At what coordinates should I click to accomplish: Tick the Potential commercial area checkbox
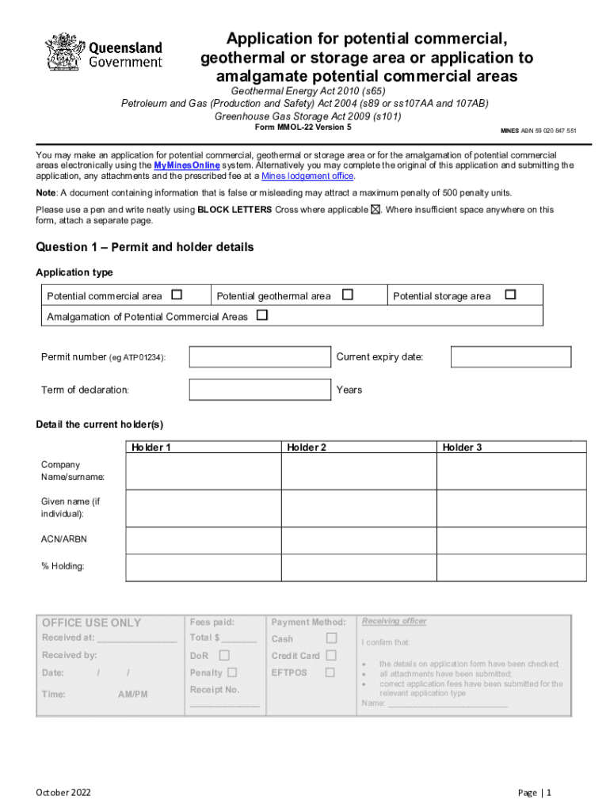pyautogui.click(x=177, y=295)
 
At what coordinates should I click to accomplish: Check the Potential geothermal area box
pyautogui.click(x=347, y=295)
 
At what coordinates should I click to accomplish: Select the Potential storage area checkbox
pyautogui.click(x=510, y=295)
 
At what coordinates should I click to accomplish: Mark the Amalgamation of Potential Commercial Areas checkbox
pyautogui.click(x=262, y=316)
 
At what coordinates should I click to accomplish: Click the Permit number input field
pyautogui.click(x=260, y=357)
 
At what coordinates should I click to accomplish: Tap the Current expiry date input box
pyautogui.click(x=510, y=357)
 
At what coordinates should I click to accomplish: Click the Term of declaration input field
pyautogui.click(x=260, y=390)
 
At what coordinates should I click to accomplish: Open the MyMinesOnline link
pyautogui.click(x=186, y=166)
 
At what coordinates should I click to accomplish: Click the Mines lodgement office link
pyautogui.click(x=307, y=177)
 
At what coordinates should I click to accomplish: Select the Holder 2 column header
pyautogui.click(x=307, y=447)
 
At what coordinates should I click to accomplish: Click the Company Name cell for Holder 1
pyautogui.click(x=204, y=471)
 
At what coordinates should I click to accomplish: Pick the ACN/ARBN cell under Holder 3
pyautogui.click(x=512, y=540)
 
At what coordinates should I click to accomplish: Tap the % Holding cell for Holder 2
pyautogui.click(x=358, y=567)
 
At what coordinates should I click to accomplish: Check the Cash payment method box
pyautogui.click(x=331, y=638)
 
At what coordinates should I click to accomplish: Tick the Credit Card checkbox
pyautogui.click(x=331, y=656)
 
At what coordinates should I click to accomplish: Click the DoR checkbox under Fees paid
pyautogui.click(x=224, y=656)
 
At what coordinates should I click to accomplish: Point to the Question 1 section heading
pyautogui.click(x=145, y=248)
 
